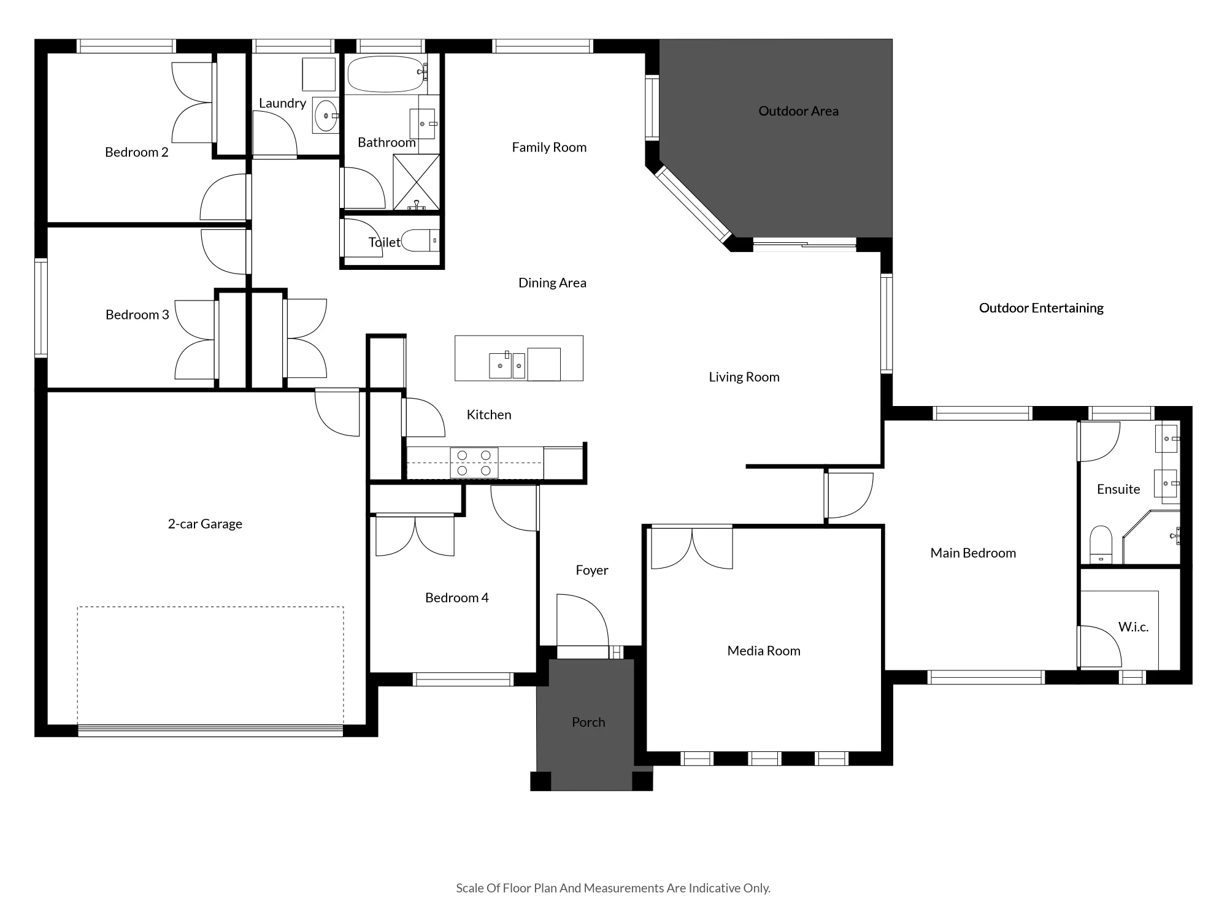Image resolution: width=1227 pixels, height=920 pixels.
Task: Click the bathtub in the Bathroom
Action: pos(387,74)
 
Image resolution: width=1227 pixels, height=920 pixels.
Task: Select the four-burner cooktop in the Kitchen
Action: pos(474,462)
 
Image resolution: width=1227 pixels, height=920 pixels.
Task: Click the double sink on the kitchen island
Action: pos(507,365)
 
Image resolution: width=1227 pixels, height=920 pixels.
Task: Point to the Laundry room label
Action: pos(282,103)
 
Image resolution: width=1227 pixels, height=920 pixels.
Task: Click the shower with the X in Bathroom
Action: pos(416,182)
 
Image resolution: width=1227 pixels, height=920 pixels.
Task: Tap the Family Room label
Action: pos(549,147)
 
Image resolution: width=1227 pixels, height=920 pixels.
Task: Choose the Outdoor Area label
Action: pos(798,111)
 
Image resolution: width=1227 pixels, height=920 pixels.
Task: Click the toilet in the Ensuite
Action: pos(1101,543)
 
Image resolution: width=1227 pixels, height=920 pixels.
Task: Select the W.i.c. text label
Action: pos(1133,627)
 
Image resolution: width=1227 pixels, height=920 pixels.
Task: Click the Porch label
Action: pos(588,723)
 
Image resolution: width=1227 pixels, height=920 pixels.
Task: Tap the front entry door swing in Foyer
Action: pos(583,619)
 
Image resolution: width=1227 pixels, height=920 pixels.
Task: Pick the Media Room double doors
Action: pos(691,547)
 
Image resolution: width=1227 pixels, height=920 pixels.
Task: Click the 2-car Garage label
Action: pos(205,524)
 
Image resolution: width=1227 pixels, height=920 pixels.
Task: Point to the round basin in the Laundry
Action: pos(326,115)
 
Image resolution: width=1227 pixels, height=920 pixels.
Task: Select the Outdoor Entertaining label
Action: pos(1041,308)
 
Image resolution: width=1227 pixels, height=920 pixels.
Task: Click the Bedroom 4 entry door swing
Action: pos(515,508)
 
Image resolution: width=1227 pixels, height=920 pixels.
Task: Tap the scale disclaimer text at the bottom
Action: pos(613,888)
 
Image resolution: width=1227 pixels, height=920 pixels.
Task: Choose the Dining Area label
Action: pos(552,283)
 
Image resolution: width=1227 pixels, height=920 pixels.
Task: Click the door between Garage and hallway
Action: pos(337,412)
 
